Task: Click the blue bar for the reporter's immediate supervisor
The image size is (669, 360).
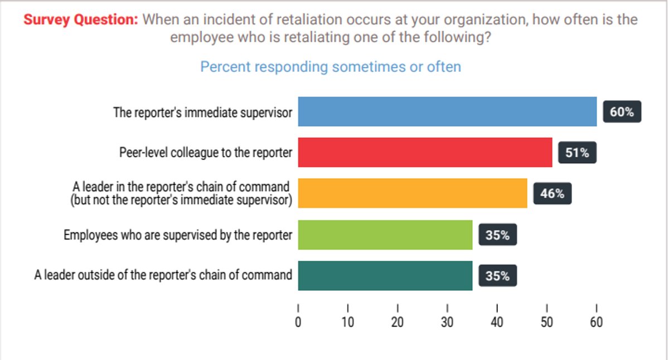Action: tap(447, 111)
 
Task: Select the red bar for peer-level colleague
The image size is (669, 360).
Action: tap(425, 152)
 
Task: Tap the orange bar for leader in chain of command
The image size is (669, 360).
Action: tap(413, 193)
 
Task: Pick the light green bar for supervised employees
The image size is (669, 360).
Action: tap(385, 235)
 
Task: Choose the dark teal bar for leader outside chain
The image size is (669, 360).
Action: tap(385, 276)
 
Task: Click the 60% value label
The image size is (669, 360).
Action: tap(622, 112)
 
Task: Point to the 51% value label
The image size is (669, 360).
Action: tap(577, 153)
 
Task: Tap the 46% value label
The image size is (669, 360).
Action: tap(552, 194)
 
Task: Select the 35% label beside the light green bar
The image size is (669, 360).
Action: tap(497, 235)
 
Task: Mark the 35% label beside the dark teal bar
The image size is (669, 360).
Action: tap(497, 276)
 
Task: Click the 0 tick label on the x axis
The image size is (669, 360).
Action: tap(298, 322)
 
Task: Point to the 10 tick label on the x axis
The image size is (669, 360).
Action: tap(348, 322)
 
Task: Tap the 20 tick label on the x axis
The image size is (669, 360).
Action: tap(397, 322)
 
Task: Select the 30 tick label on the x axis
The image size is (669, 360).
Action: tap(447, 322)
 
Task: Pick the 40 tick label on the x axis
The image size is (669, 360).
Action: tap(497, 322)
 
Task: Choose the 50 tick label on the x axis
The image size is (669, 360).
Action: tap(546, 322)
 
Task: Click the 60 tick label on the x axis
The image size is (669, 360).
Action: tap(596, 322)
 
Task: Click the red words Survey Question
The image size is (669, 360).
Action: tap(80, 20)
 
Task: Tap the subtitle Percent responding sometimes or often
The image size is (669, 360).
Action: tap(331, 67)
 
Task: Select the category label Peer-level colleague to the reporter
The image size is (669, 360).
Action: tap(206, 153)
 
